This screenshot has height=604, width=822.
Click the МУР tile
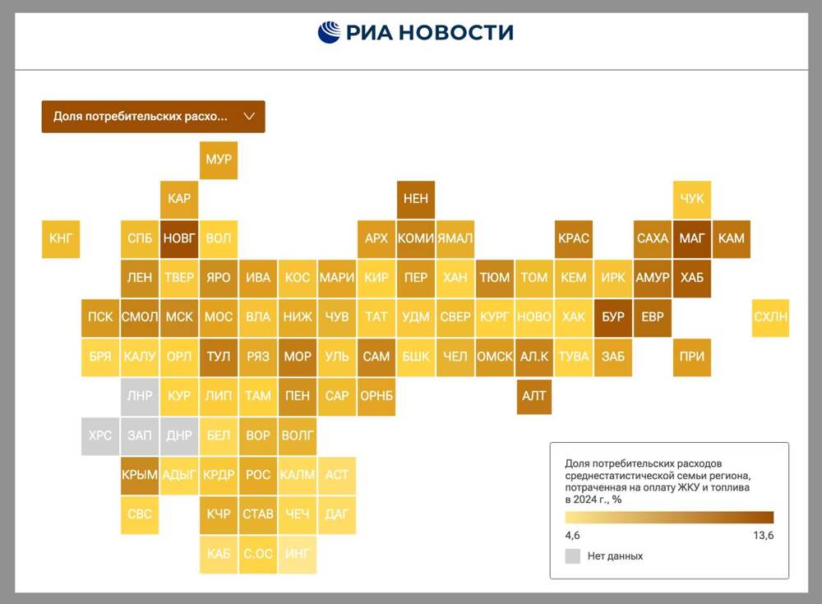click(x=219, y=159)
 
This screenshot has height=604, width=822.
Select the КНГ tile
click(x=61, y=238)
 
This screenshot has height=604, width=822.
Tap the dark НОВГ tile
click(x=179, y=238)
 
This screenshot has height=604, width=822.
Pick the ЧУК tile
click(x=692, y=199)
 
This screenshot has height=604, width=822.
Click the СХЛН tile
click(x=770, y=317)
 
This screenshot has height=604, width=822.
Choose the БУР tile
click(x=613, y=317)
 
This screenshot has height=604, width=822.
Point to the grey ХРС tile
click(x=100, y=436)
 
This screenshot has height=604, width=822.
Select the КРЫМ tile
click(x=140, y=475)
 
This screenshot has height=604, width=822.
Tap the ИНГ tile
click(x=298, y=554)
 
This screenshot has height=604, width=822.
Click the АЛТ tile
click(x=534, y=396)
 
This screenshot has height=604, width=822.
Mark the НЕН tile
click(x=416, y=199)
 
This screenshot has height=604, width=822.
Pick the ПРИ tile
click(x=692, y=357)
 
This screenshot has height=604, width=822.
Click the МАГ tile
click(x=692, y=238)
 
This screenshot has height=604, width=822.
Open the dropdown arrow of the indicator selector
click(x=249, y=117)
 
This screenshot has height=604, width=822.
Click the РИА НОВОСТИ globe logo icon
click(x=329, y=32)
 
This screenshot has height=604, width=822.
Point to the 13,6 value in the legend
click(x=763, y=536)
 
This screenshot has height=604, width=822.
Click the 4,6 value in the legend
click(x=573, y=536)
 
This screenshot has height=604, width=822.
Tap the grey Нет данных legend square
click(x=573, y=556)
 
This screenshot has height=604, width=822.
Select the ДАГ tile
click(x=337, y=514)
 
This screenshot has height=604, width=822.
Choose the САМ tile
click(x=376, y=357)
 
